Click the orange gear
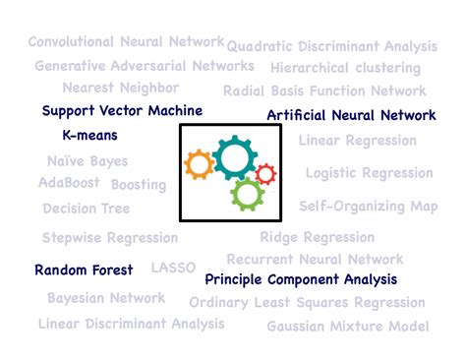click(199, 163)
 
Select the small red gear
click(265, 175)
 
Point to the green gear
click(247, 194)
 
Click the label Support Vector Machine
click(122, 111)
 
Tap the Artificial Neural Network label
click(351, 115)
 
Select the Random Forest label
click(85, 270)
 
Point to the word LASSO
click(173, 268)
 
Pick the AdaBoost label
click(70, 183)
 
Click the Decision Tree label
click(86, 209)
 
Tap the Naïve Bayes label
click(87, 161)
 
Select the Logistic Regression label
click(369, 173)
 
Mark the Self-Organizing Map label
click(368, 207)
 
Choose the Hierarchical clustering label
click(345, 69)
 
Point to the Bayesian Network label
click(106, 298)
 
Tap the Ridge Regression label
click(317, 237)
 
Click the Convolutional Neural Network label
click(125, 41)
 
